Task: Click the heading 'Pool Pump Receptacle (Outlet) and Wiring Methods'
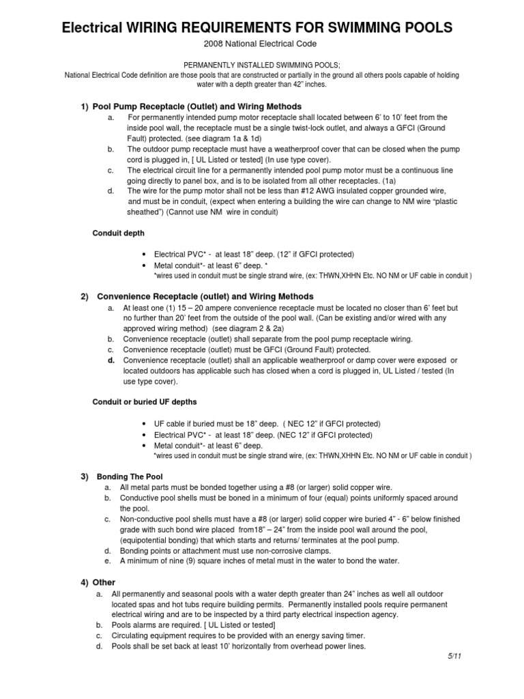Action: point(199,106)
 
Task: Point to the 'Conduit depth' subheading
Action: point(119,233)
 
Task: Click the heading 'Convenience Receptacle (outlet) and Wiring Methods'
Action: point(205,296)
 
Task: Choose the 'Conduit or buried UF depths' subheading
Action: point(144,401)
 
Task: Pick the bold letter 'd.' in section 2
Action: point(111,360)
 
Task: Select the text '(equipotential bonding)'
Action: point(162,539)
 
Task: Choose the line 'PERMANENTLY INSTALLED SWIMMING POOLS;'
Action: point(262,65)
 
